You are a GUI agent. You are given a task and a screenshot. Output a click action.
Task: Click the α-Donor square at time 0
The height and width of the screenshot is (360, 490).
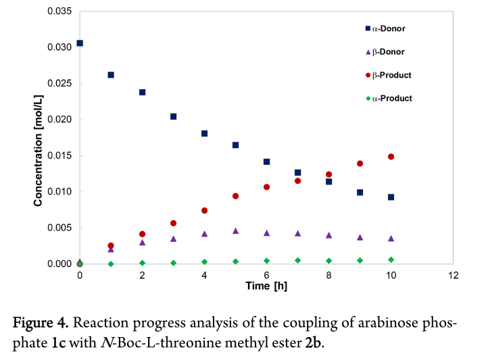[x=80, y=43]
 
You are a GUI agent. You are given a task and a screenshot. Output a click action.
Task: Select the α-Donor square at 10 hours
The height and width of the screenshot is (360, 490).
[x=391, y=197]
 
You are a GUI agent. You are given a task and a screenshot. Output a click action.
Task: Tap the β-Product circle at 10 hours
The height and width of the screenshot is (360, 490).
[x=391, y=157]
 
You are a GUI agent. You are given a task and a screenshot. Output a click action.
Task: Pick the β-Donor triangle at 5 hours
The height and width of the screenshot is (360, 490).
[x=235, y=231]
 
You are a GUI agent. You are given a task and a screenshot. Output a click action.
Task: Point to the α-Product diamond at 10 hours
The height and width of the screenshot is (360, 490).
[x=391, y=259]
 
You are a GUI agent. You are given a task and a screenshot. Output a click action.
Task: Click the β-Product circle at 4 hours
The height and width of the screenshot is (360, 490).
[x=204, y=211]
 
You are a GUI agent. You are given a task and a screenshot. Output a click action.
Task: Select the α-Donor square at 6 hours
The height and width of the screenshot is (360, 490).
[x=266, y=162]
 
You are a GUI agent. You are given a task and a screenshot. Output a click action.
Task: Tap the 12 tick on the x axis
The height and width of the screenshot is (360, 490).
[x=453, y=276]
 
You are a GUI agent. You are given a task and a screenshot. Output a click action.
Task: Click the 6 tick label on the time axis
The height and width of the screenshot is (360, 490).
[x=266, y=276]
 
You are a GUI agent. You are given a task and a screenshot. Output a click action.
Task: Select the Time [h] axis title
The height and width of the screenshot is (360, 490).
[x=266, y=287]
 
